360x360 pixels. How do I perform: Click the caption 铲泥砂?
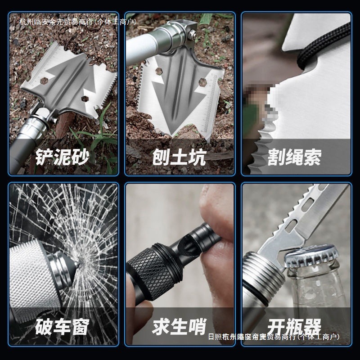[x=63, y=157]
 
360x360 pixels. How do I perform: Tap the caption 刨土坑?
[x=179, y=157]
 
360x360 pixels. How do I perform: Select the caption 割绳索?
[x=295, y=157]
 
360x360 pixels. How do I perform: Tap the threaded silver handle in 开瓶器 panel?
[x=261, y=279]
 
